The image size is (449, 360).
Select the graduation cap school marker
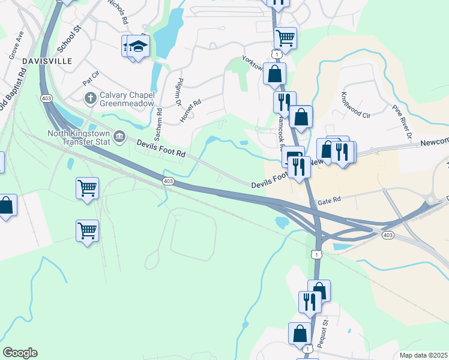pyautogui.click(x=139, y=47)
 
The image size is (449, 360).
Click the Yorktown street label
pyautogui.click(x=253, y=63)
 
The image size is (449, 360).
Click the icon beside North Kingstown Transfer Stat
pyautogui.click(x=119, y=137)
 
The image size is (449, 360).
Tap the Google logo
pyautogui.click(x=20, y=353)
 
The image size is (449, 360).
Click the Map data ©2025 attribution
pyautogui.click(x=423, y=355)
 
